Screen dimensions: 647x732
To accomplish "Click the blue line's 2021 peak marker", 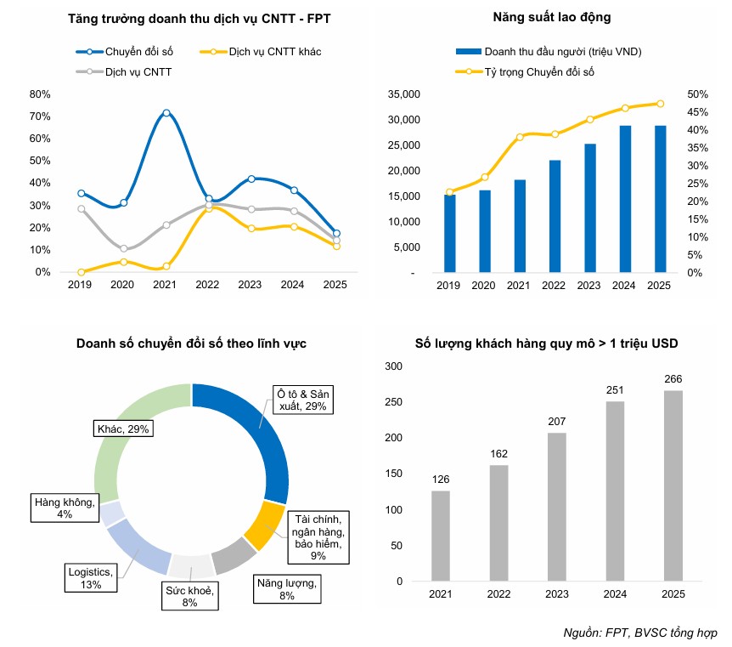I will pyautogui.click(x=166, y=113).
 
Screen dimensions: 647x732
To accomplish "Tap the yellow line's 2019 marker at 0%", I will pyautogui.click(x=81, y=272).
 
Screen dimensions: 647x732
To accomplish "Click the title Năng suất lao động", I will pyautogui.click(x=551, y=17).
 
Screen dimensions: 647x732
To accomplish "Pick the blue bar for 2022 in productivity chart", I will pyautogui.click(x=555, y=216).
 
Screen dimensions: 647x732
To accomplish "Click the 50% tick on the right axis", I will pyautogui.click(x=697, y=94).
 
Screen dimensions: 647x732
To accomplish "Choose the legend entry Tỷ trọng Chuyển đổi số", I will pyautogui.click(x=540, y=72).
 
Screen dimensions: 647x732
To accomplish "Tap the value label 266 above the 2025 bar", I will pyautogui.click(x=673, y=379).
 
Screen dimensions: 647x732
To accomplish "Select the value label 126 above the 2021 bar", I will pyautogui.click(x=440, y=480).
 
